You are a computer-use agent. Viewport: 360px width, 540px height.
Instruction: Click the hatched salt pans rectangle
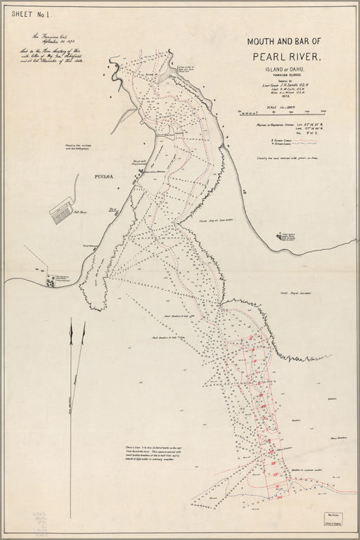[61, 208]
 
